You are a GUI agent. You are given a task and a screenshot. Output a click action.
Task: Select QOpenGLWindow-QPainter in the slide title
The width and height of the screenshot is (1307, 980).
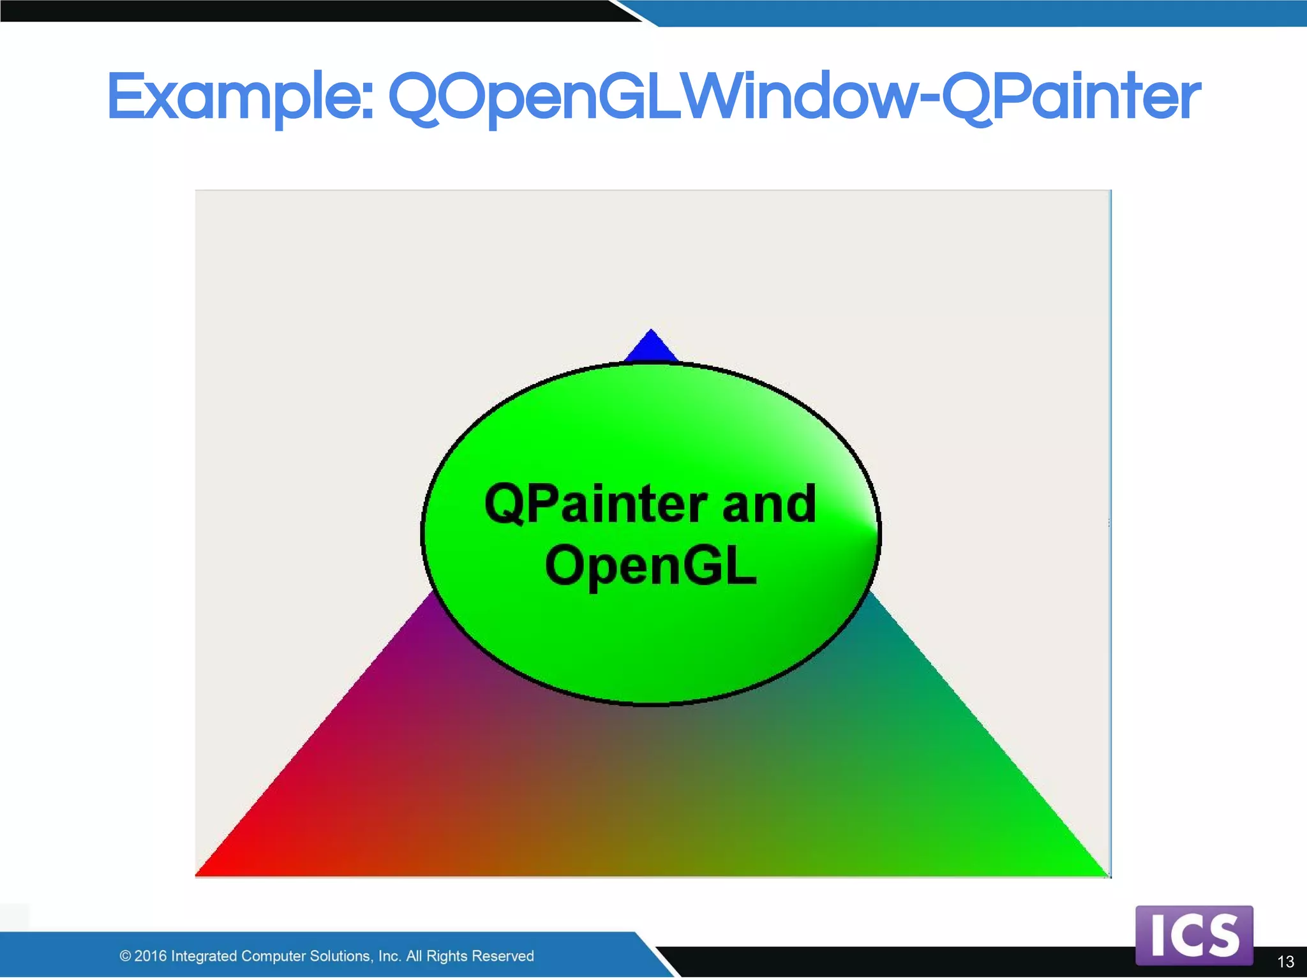click(x=794, y=97)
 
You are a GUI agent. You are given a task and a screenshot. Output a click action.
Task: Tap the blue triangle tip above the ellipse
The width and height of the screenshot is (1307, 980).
click(x=650, y=347)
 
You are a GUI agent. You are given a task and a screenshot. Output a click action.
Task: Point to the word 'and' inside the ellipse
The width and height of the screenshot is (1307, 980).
click(x=769, y=504)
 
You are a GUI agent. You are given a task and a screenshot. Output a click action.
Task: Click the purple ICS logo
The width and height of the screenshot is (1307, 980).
click(x=1194, y=935)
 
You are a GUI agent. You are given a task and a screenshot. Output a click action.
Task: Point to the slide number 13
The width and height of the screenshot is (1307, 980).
click(x=1285, y=961)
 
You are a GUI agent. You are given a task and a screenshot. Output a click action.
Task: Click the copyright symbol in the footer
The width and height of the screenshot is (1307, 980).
click(x=125, y=956)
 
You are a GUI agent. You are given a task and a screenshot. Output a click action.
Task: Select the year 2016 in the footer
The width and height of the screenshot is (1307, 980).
click(x=151, y=956)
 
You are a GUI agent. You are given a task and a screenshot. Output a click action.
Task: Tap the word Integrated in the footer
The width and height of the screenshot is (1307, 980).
click(x=204, y=956)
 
